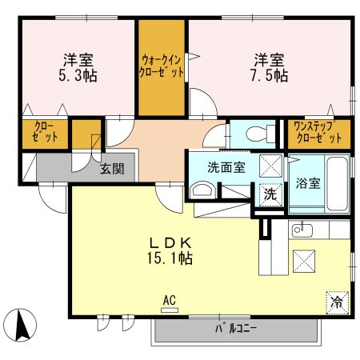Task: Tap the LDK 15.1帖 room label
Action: click(x=169, y=250)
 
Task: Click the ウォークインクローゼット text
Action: click(x=162, y=65)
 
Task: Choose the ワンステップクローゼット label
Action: click(x=318, y=133)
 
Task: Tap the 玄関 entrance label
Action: click(x=112, y=169)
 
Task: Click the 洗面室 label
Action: click(x=226, y=168)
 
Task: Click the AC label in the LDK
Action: click(x=169, y=301)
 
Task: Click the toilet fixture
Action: click(x=253, y=133)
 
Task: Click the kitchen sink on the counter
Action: click(x=302, y=230)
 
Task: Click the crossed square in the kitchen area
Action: click(x=305, y=259)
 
